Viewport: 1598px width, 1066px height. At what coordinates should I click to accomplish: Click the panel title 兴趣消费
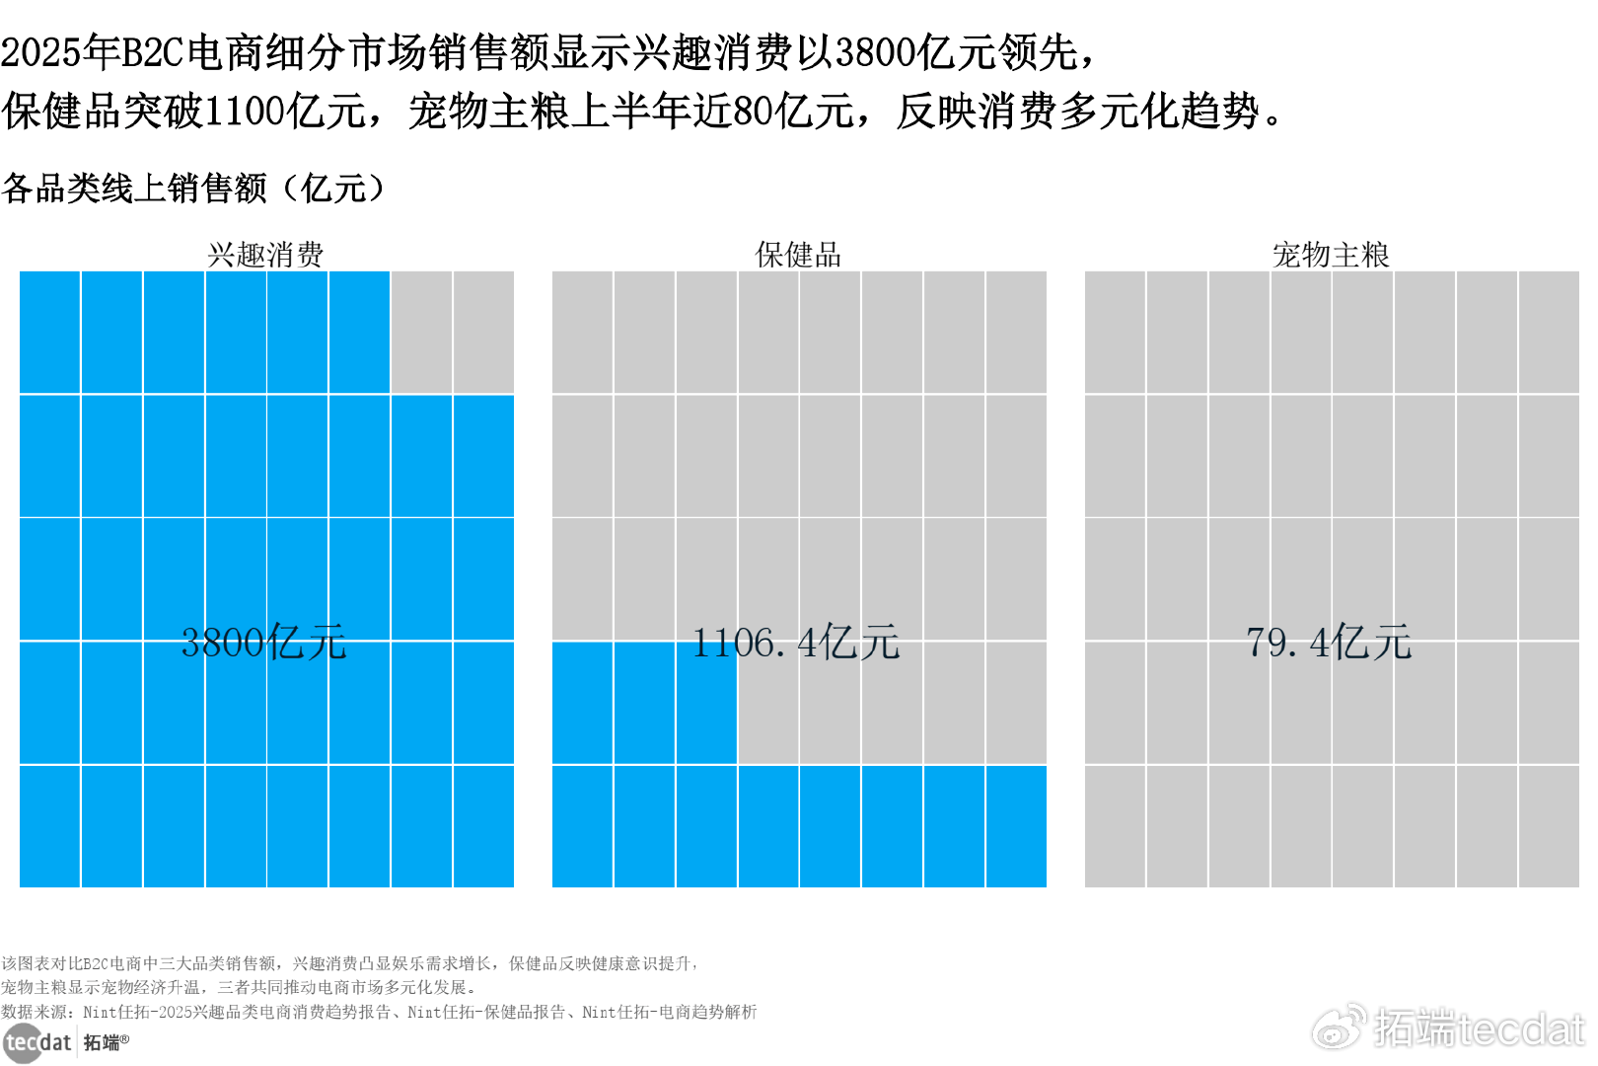point(265,255)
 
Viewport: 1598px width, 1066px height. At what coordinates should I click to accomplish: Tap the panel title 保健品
point(798,255)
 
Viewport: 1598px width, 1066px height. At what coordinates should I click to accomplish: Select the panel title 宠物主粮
point(1331,255)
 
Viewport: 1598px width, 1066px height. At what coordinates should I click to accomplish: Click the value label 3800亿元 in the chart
point(263,643)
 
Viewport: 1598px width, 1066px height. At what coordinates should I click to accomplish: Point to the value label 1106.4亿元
point(795,643)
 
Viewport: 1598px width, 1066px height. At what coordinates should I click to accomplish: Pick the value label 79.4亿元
point(1329,643)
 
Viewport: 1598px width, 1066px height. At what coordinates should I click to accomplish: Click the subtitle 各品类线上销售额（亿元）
point(193,188)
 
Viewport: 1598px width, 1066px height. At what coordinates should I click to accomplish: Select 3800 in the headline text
point(875,52)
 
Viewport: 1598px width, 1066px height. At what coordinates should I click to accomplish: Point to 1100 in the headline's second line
point(246,111)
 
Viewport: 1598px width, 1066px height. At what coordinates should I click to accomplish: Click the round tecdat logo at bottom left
point(22,1043)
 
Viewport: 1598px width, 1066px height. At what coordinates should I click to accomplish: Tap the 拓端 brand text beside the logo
point(103,1043)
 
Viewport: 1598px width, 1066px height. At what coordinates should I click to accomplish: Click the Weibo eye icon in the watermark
point(1339,1028)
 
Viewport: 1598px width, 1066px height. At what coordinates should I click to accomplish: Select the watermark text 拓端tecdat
point(1479,1028)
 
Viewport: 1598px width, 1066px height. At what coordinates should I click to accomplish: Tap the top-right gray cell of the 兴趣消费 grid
point(483,333)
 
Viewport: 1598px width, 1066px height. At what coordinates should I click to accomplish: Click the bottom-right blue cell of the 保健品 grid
point(1016,826)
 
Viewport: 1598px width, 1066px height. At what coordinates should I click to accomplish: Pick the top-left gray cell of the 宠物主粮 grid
point(1115,333)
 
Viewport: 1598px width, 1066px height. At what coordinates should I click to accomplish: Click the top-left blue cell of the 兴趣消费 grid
point(49,333)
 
